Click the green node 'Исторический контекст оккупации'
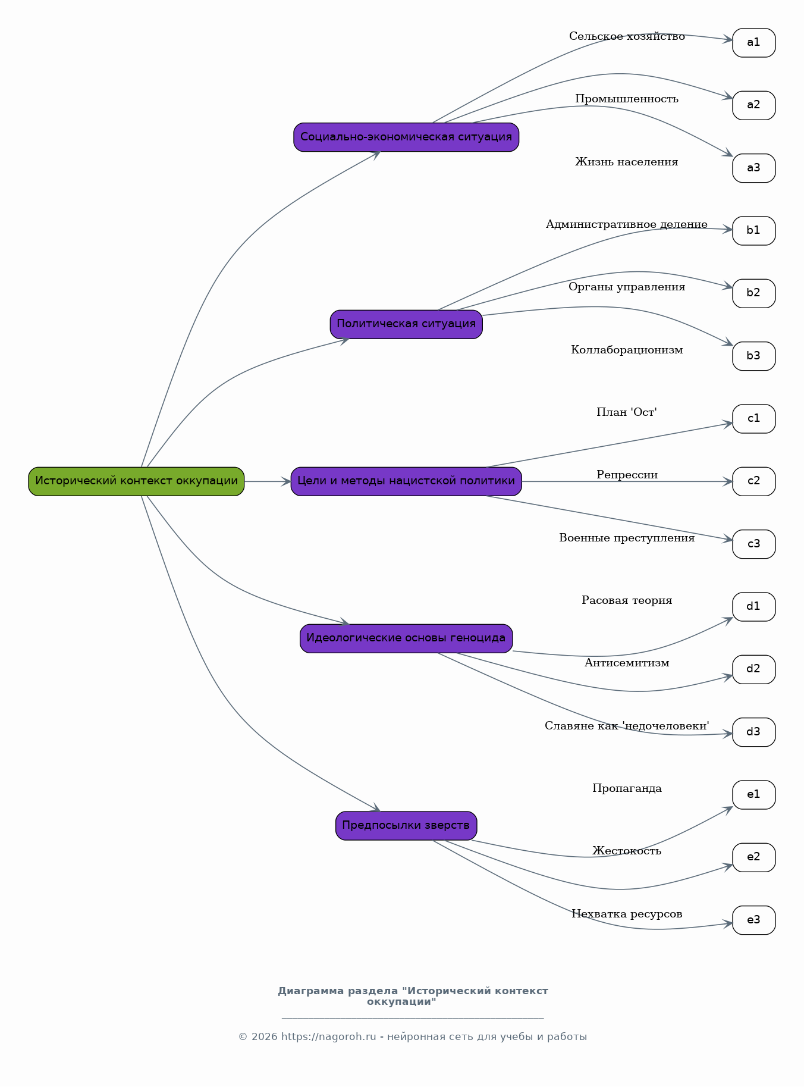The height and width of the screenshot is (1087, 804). tap(136, 481)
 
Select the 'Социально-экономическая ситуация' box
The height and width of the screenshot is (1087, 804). tap(406, 137)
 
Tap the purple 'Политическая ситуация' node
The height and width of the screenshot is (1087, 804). tap(406, 324)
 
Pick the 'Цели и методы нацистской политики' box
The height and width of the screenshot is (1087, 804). tap(406, 481)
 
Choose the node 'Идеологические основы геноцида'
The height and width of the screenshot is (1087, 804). tap(406, 638)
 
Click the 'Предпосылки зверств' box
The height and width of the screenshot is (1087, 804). tap(406, 826)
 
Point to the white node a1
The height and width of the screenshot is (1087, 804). tap(753, 43)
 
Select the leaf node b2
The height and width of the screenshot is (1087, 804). tap(753, 293)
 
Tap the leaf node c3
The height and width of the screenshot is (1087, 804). tap(753, 544)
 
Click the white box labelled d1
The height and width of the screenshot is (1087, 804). tap(753, 607)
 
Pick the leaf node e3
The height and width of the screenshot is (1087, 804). tap(753, 920)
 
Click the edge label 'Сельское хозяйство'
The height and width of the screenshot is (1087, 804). tap(627, 37)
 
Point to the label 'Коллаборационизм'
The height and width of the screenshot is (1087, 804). tap(627, 350)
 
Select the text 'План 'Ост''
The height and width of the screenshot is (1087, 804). tap(627, 412)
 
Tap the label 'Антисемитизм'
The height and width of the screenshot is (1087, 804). tap(627, 663)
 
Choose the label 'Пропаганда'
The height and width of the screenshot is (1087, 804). tap(627, 788)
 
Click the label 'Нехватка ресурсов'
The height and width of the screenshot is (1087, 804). tap(627, 914)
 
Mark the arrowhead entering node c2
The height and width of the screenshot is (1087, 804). tap(728, 481)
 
